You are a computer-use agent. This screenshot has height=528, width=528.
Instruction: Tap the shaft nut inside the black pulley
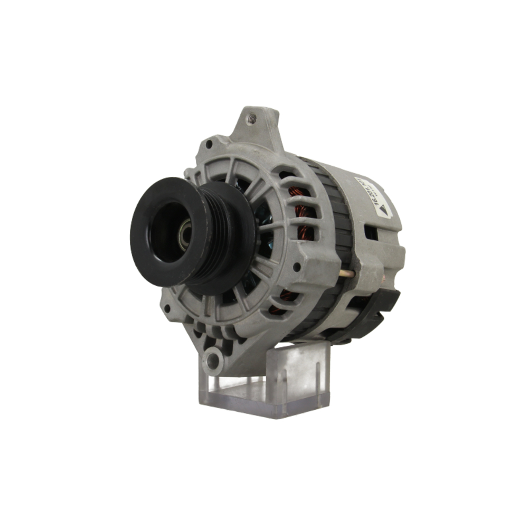[183, 231]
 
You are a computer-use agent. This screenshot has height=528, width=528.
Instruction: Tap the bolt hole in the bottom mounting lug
[213, 361]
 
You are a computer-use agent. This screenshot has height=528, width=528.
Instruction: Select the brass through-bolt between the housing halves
[347, 273]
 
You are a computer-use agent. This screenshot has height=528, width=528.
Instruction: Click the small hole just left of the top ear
[209, 143]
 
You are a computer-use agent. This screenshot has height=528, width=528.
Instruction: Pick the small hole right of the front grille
[297, 268]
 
